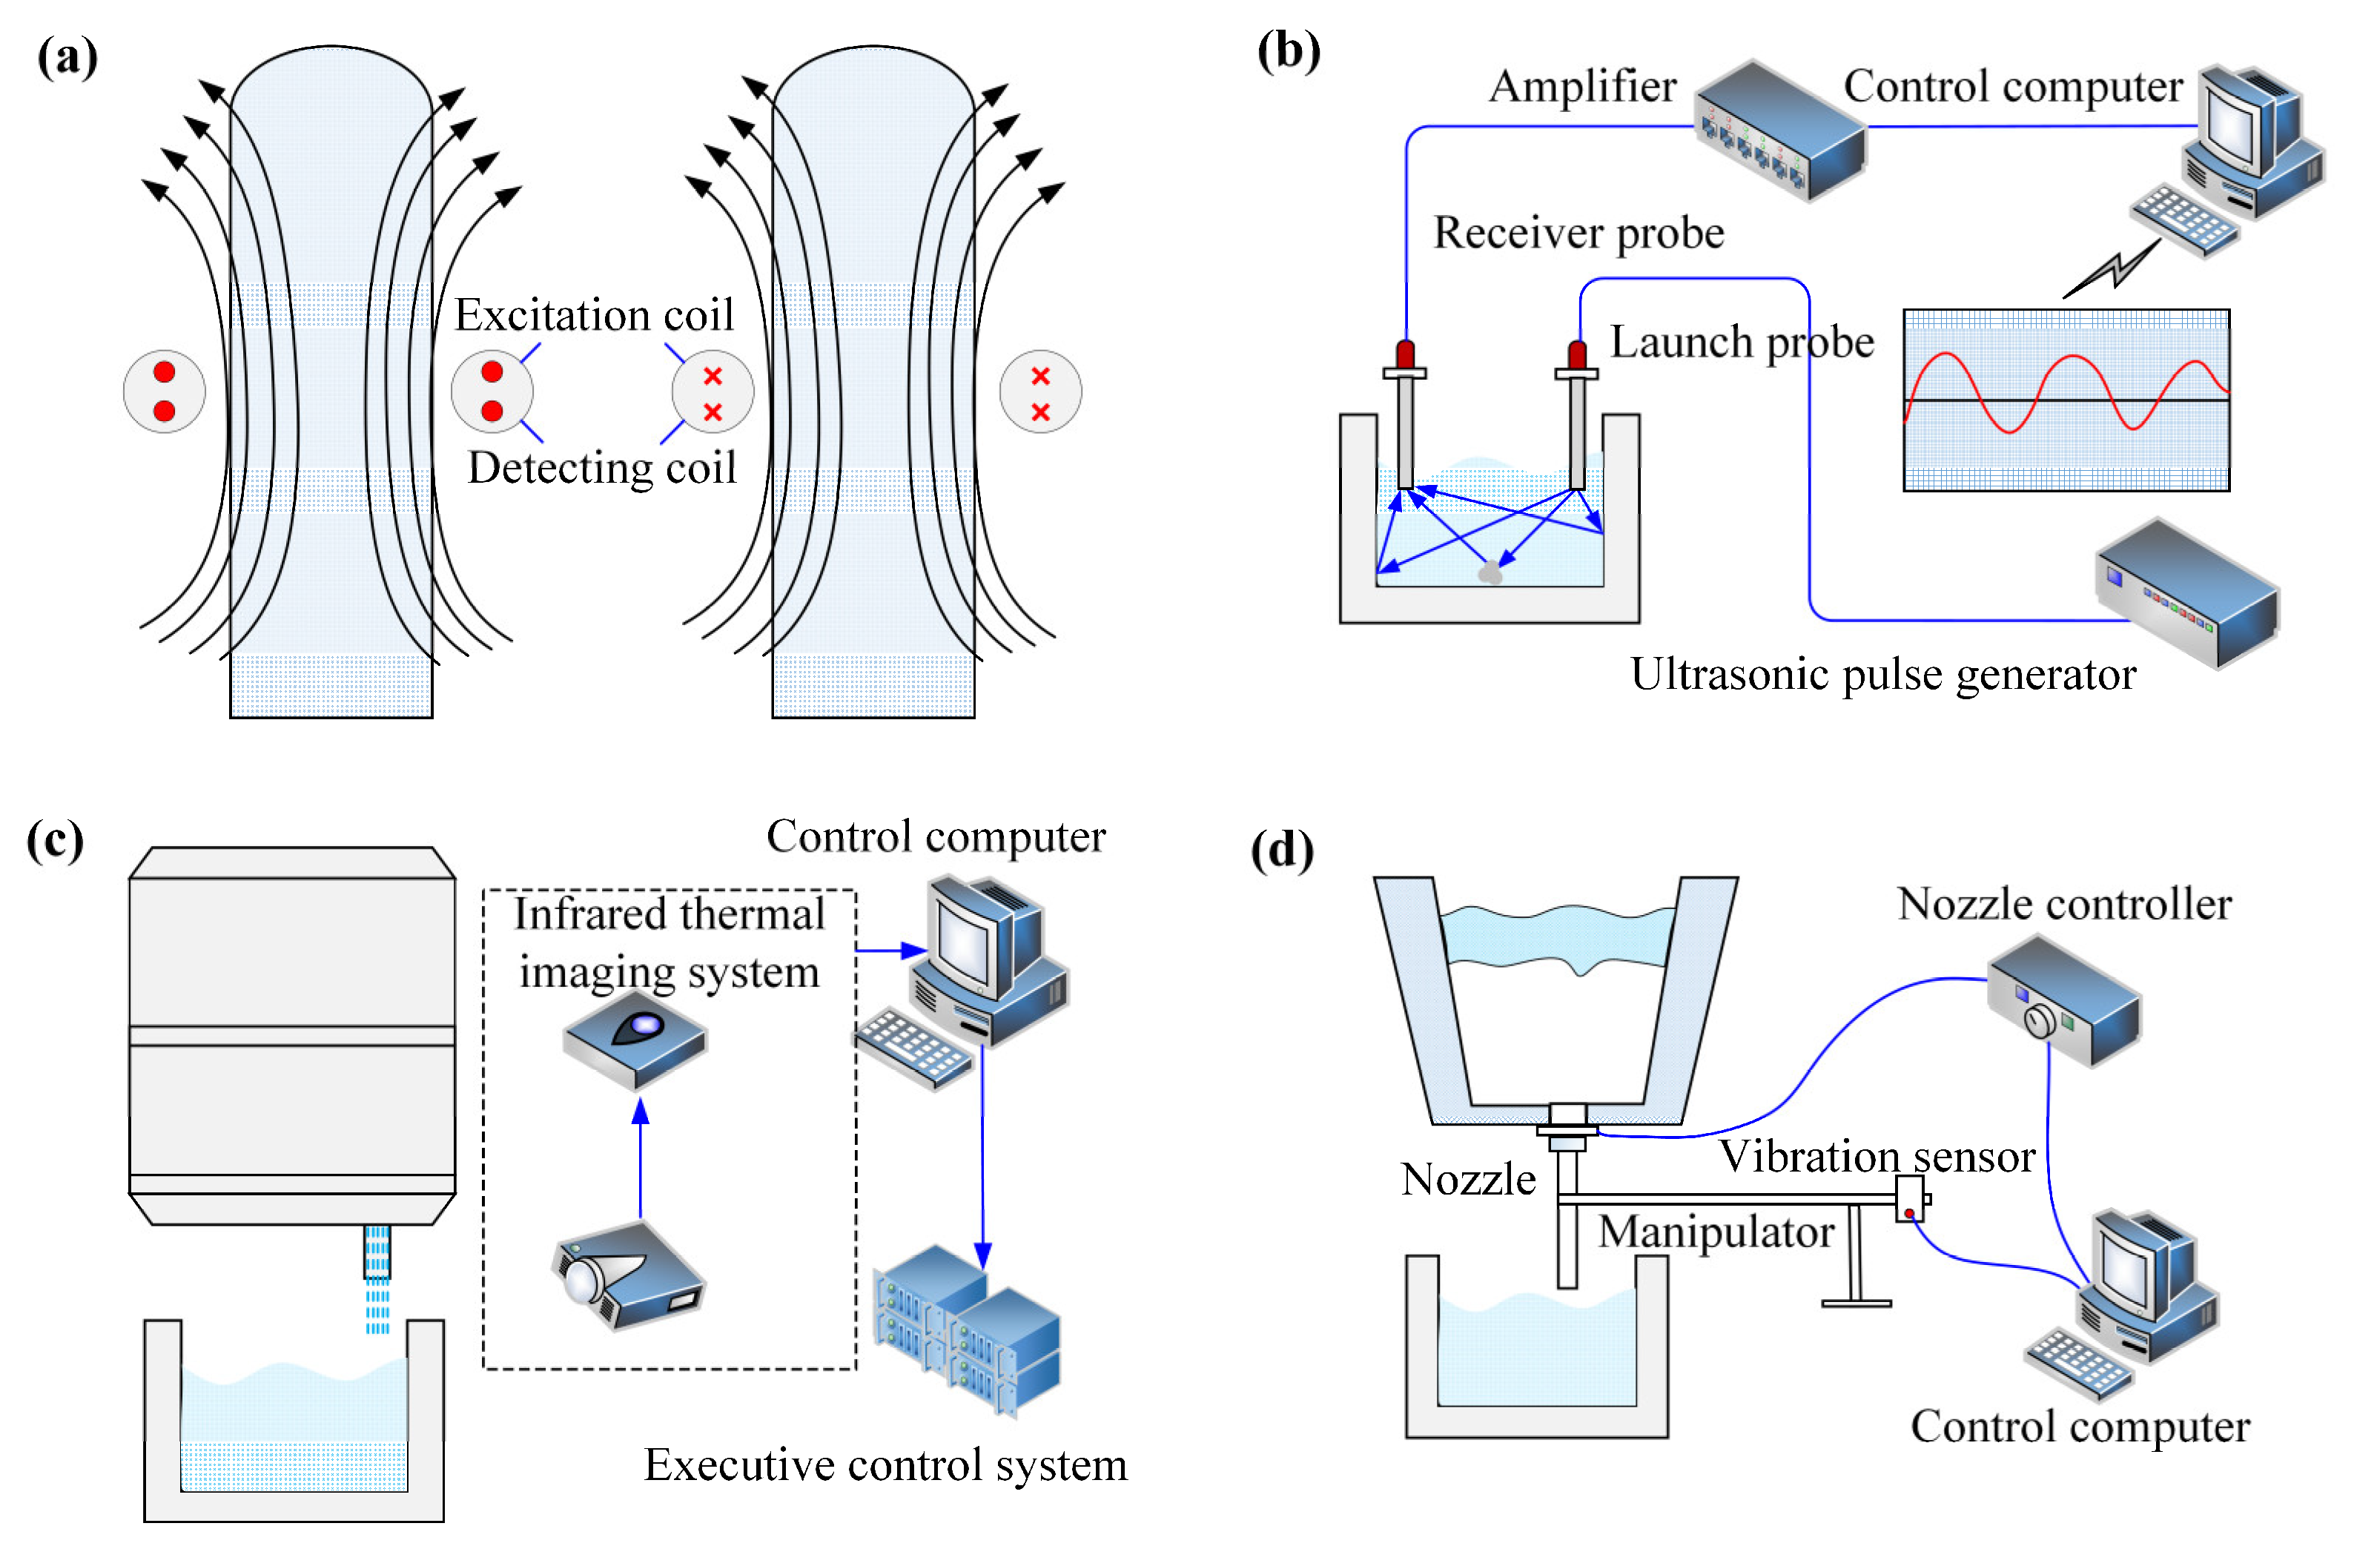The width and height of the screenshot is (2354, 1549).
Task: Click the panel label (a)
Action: click(67, 57)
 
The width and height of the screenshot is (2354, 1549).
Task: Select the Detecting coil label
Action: click(601, 468)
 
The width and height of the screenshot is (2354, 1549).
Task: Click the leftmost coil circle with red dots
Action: click(164, 392)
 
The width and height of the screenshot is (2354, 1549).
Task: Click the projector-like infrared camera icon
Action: click(629, 1276)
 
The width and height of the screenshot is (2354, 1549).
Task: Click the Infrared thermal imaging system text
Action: click(669, 942)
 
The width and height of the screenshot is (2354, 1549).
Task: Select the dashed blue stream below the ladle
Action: click(377, 1281)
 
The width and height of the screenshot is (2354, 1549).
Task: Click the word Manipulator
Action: click(1716, 1232)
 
